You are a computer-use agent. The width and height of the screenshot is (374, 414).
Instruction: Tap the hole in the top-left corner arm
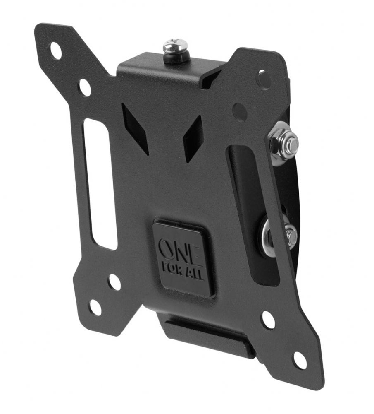(x=56, y=51)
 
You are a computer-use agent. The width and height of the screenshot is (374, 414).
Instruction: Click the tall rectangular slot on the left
(x=100, y=184)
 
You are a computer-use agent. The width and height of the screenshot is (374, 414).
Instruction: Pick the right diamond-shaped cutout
(x=193, y=140)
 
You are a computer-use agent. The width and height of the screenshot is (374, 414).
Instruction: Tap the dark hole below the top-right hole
(x=240, y=112)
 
